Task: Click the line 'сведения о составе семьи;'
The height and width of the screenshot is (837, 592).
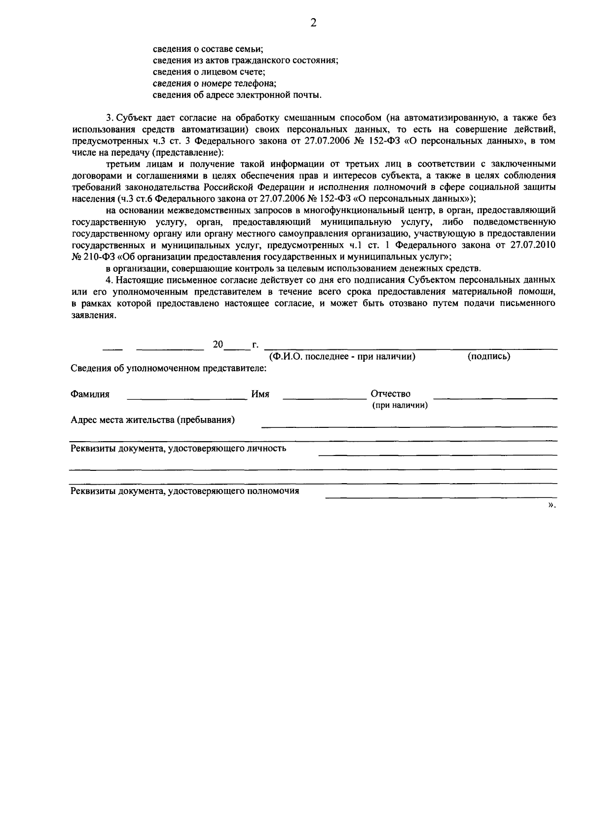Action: point(208,49)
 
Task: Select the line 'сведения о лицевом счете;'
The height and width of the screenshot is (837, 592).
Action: point(209,72)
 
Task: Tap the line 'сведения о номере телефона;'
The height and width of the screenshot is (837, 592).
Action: point(214,83)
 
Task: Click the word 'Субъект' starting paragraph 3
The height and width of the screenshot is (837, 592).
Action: point(133,117)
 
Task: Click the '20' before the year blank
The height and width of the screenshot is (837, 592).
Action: point(218,344)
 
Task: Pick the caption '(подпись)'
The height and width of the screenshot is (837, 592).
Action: point(488,356)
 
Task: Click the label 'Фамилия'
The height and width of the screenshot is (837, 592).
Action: point(90,394)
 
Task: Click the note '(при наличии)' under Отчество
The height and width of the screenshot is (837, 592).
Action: point(400,405)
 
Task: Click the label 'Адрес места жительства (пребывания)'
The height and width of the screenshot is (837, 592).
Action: point(152,420)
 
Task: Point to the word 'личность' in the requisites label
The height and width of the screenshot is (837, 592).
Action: point(267,449)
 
